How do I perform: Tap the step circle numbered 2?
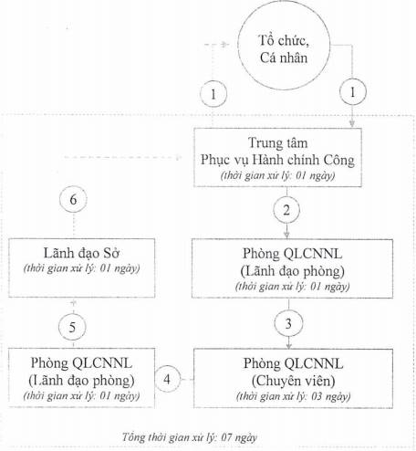(x=286, y=210)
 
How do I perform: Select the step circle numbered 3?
(x=288, y=323)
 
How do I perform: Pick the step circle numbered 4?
(x=168, y=379)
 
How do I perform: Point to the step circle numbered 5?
(x=72, y=327)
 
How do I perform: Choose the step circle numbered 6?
(x=73, y=199)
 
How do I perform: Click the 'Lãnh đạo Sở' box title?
(x=81, y=253)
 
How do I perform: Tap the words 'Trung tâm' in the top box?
(x=277, y=142)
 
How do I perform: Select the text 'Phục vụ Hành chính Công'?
(x=277, y=160)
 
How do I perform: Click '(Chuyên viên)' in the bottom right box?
(x=294, y=381)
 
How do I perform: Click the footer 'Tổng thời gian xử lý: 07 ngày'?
(x=190, y=437)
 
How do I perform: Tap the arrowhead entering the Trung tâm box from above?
(x=352, y=124)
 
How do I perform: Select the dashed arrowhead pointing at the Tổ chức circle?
(x=225, y=45)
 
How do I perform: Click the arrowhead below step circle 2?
(x=286, y=235)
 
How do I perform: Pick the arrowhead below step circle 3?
(x=288, y=345)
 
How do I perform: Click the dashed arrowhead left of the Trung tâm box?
(x=178, y=157)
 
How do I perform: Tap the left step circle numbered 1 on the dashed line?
(x=213, y=93)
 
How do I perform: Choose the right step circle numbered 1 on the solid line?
(x=353, y=91)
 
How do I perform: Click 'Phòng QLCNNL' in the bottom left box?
(x=81, y=363)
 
